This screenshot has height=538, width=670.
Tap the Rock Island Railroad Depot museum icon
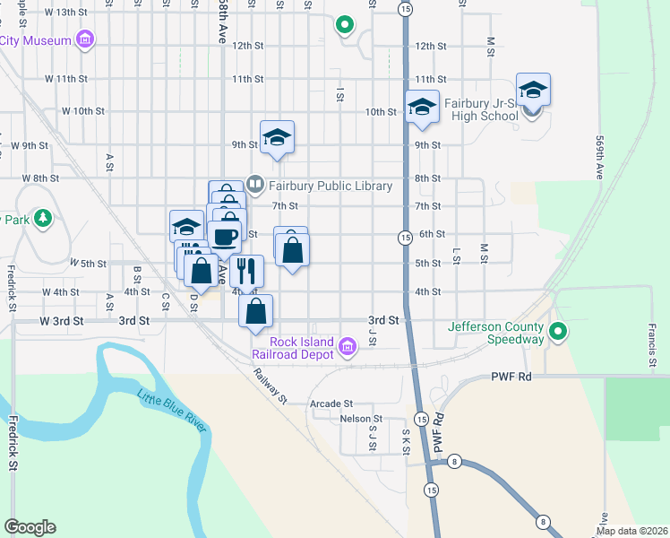pos(348,343)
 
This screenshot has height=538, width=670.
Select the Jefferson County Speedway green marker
pos(559,333)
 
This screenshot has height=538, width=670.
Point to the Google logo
pos(30,527)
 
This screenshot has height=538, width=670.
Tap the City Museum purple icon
pos(85,39)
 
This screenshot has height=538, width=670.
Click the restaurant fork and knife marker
pos(246,269)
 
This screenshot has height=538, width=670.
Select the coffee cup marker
pos(224,237)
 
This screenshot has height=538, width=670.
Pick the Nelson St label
pos(361,419)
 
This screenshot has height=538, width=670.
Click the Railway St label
pos(269,386)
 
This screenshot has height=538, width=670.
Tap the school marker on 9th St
pos(278,136)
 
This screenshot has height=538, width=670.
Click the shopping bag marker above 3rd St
pos(256,310)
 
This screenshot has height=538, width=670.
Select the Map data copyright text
pos(631,531)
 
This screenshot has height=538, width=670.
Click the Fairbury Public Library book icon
pos(255,186)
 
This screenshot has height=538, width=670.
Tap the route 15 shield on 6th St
pos(405,237)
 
